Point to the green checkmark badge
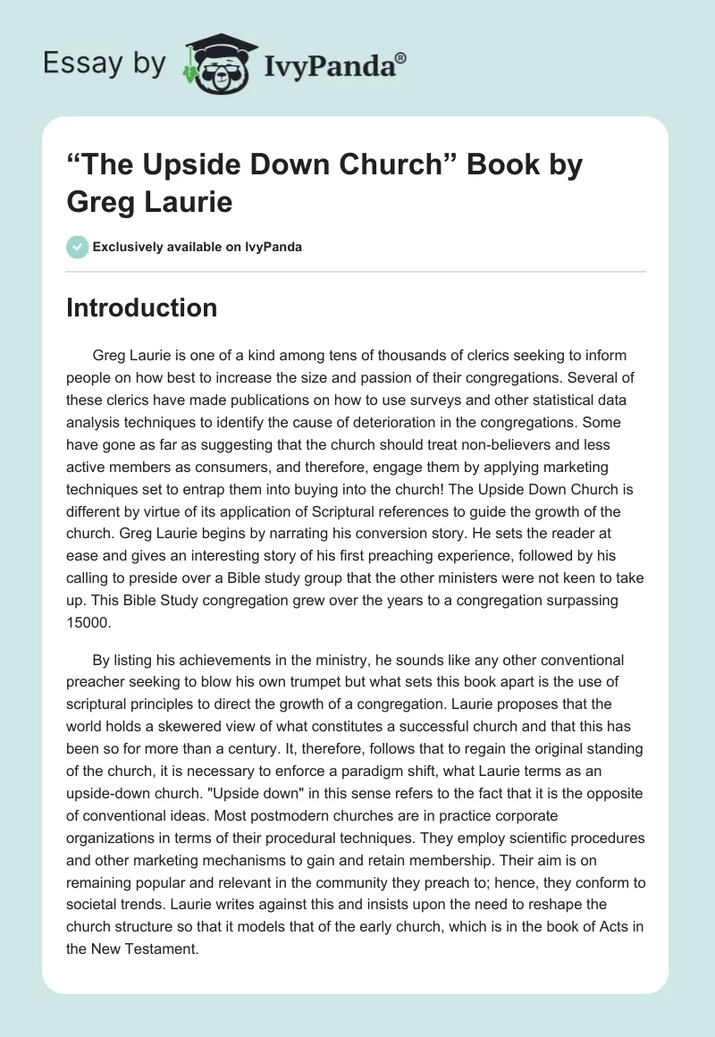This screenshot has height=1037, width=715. pyautogui.click(x=78, y=247)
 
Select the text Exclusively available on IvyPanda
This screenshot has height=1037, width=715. pyautogui.click(x=198, y=247)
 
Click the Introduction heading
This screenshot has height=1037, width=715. pyautogui.click(x=142, y=308)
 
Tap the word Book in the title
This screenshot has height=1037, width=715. pyautogui.click(x=437, y=165)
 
